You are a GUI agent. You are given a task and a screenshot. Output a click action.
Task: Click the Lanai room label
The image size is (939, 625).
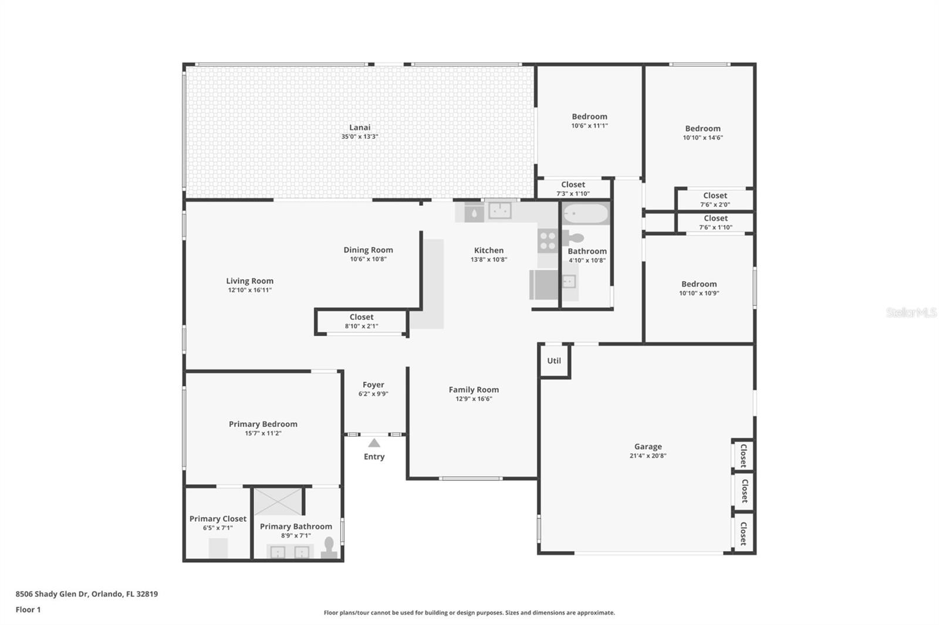click(360, 127)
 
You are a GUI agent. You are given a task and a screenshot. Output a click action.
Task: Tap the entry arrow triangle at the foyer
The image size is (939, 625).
click(374, 443)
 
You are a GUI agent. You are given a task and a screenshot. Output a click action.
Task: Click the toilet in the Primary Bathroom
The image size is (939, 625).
click(329, 548)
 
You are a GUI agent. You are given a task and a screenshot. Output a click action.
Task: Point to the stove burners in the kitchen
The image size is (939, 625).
click(548, 241)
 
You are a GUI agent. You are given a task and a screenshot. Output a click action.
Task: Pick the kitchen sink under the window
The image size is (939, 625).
click(499, 210)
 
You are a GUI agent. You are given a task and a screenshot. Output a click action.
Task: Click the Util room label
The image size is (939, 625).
click(554, 361)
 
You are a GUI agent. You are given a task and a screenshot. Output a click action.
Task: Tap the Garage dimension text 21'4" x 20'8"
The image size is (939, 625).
click(648, 456)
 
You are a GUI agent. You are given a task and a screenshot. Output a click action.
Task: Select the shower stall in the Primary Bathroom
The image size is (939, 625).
click(278, 501)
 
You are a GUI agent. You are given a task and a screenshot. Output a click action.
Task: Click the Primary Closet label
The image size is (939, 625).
click(218, 519)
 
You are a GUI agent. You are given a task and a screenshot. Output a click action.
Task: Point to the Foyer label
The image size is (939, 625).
click(373, 385)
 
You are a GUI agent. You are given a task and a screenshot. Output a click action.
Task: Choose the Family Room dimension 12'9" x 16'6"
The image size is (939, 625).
click(474, 399)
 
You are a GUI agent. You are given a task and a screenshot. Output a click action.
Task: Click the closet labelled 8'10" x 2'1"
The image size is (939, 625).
click(362, 321)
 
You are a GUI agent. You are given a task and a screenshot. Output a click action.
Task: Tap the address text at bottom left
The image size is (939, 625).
click(87, 593)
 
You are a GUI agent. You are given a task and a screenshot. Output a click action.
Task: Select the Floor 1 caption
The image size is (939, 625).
click(28, 610)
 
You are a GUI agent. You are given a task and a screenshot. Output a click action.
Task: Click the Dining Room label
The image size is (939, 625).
click(368, 250)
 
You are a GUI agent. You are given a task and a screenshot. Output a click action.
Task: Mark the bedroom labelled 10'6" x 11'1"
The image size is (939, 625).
click(589, 121)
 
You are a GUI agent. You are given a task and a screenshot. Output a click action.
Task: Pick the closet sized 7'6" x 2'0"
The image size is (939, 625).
click(715, 199)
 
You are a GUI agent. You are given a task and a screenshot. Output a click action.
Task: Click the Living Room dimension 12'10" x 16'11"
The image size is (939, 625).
click(250, 290)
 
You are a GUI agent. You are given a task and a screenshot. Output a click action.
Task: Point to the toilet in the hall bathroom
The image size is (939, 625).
click(573, 239)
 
